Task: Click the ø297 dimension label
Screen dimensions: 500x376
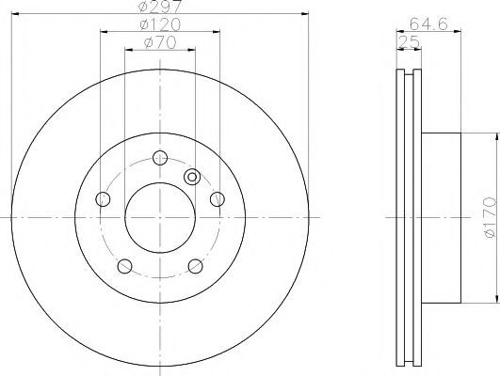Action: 160,7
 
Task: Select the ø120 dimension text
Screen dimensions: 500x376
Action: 160,24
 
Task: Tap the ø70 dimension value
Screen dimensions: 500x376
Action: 160,42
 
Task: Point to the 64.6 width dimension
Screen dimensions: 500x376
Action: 428,23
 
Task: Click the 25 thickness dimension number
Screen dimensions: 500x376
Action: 409,42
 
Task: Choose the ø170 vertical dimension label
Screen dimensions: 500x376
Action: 490,218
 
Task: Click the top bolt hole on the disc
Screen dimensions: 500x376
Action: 160,158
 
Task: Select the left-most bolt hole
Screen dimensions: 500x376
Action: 103,199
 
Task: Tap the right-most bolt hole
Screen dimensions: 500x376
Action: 218,199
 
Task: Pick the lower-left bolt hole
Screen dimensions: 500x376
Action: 124,266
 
